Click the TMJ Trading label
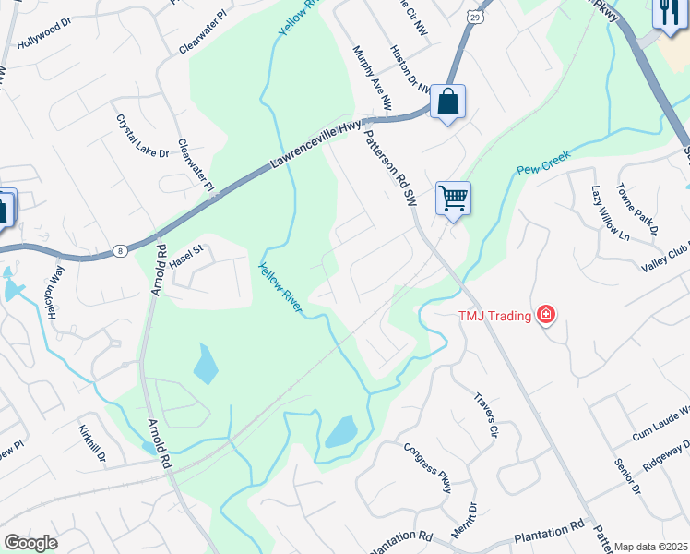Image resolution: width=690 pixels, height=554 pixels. pos(495,316)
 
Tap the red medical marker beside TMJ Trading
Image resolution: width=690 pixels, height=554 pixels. pos(546,316)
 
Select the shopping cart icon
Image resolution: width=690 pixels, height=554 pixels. pos(453,197)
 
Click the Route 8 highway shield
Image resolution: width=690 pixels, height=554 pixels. pos(120,250)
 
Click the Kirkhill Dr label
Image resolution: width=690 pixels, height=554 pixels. pos(93,445)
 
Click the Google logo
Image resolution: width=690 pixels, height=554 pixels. pos(30,543)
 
